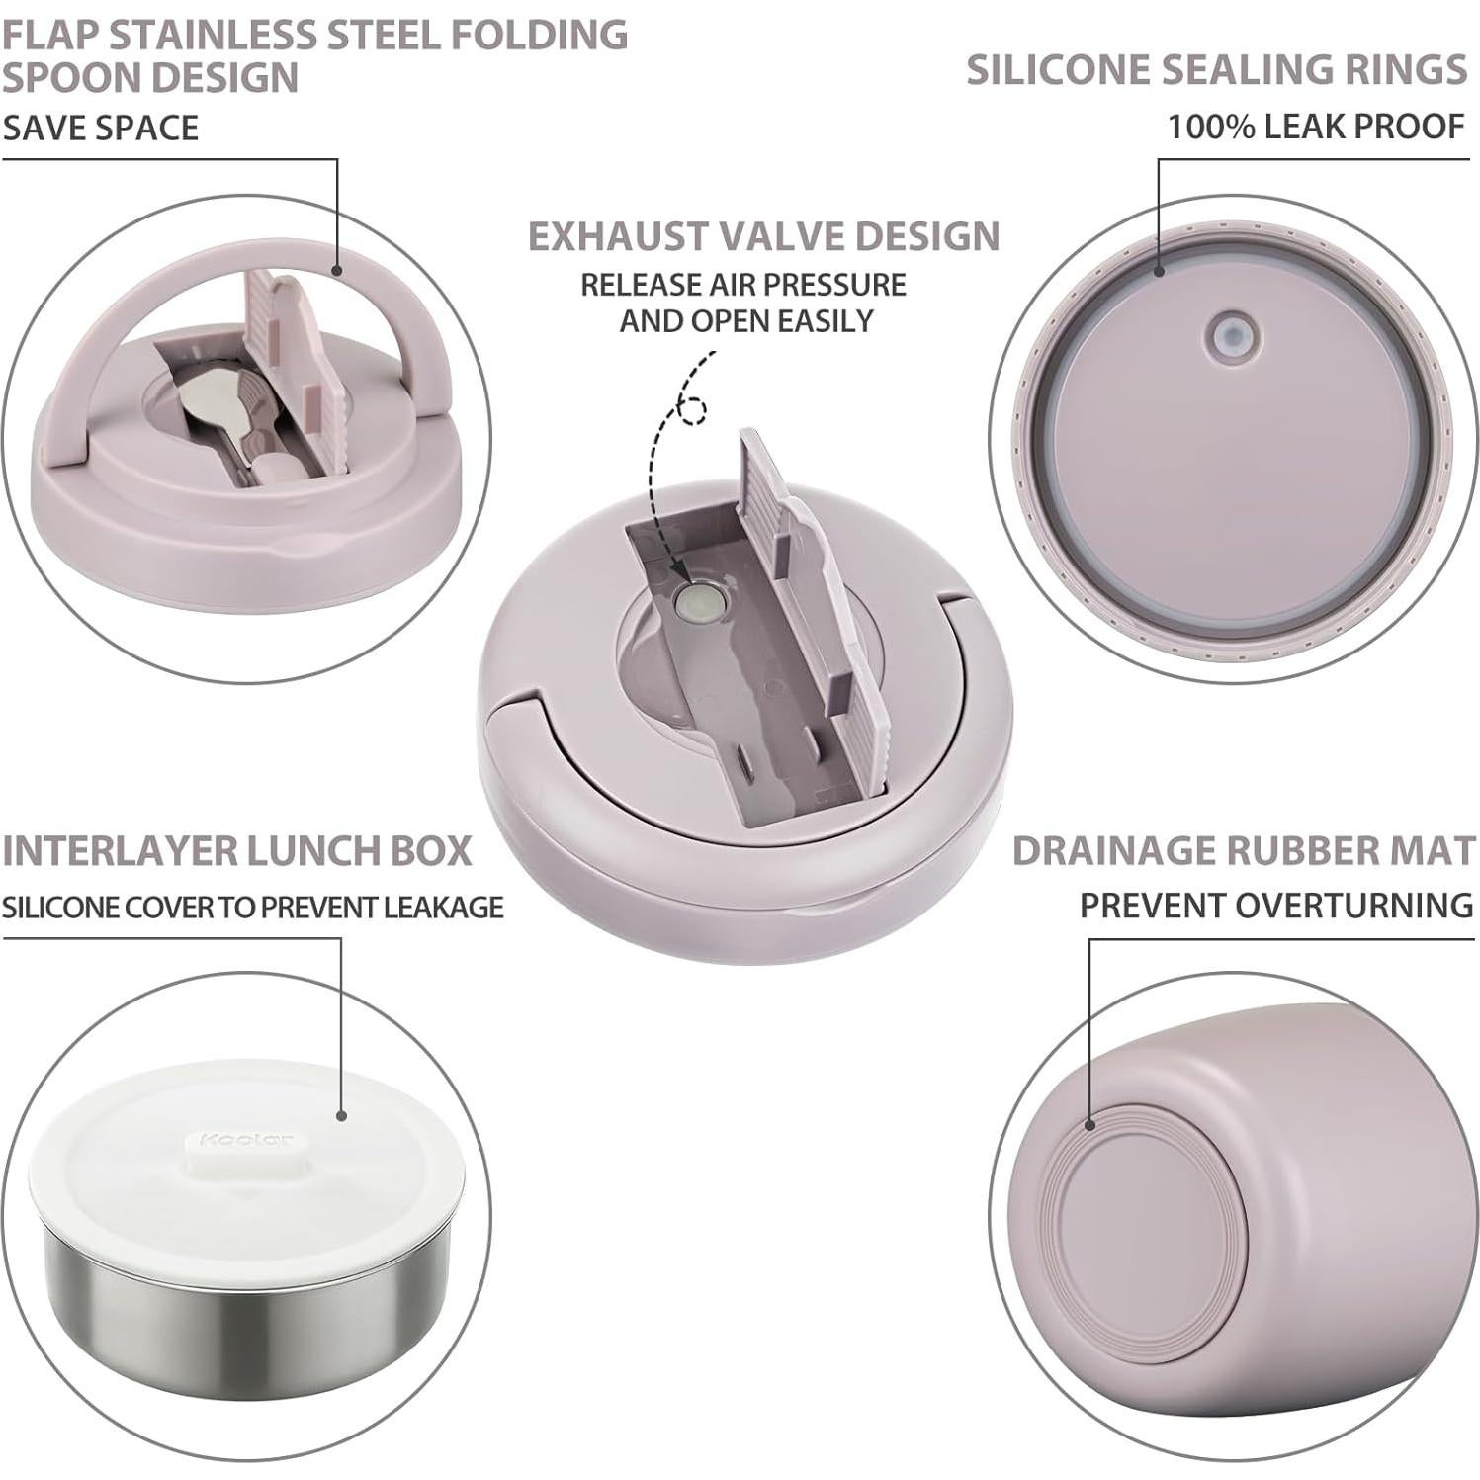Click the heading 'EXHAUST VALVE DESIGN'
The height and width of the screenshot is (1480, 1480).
[763, 236]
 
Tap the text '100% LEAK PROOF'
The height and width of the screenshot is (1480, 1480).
[1316, 127]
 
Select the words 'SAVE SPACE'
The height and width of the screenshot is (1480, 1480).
[100, 128]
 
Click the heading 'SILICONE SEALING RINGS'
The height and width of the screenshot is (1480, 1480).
[1216, 70]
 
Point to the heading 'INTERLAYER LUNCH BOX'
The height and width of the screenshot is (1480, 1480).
[237, 851]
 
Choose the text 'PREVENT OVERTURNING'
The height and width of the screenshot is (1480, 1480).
[1276, 906]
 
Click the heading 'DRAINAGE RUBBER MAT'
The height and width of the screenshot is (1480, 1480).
[1244, 851]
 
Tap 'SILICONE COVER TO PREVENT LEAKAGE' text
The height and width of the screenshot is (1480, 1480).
[253, 908]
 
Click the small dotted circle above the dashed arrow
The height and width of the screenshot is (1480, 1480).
[693, 409]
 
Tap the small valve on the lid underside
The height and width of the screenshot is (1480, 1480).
[1233, 335]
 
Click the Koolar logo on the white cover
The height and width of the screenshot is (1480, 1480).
[245, 1140]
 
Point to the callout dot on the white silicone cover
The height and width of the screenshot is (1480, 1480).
[342, 1115]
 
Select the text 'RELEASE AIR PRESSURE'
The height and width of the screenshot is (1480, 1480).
[742, 285]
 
